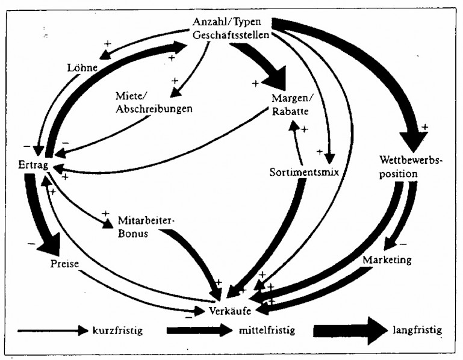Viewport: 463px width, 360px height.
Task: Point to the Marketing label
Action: point(387,260)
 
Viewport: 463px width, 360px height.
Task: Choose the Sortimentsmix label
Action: point(305,172)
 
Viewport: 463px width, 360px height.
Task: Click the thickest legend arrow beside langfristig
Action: point(349,331)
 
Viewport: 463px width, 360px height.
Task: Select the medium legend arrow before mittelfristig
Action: point(199,331)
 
